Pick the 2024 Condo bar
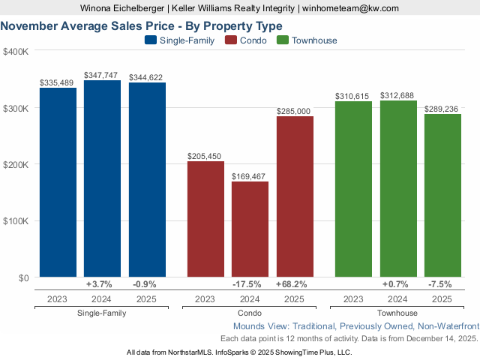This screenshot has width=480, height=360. [250, 229]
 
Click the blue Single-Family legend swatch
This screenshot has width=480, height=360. [150, 40]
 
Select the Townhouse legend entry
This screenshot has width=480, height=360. [307, 40]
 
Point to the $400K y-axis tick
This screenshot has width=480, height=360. [16, 52]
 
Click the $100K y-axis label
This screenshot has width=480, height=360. [16, 221]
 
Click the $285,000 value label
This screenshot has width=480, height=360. [293, 111]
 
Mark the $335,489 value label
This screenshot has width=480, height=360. [58, 82]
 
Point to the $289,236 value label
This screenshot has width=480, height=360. [442, 109]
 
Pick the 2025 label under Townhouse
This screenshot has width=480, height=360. [442, 299]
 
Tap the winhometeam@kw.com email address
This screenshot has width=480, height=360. [351, 8]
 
